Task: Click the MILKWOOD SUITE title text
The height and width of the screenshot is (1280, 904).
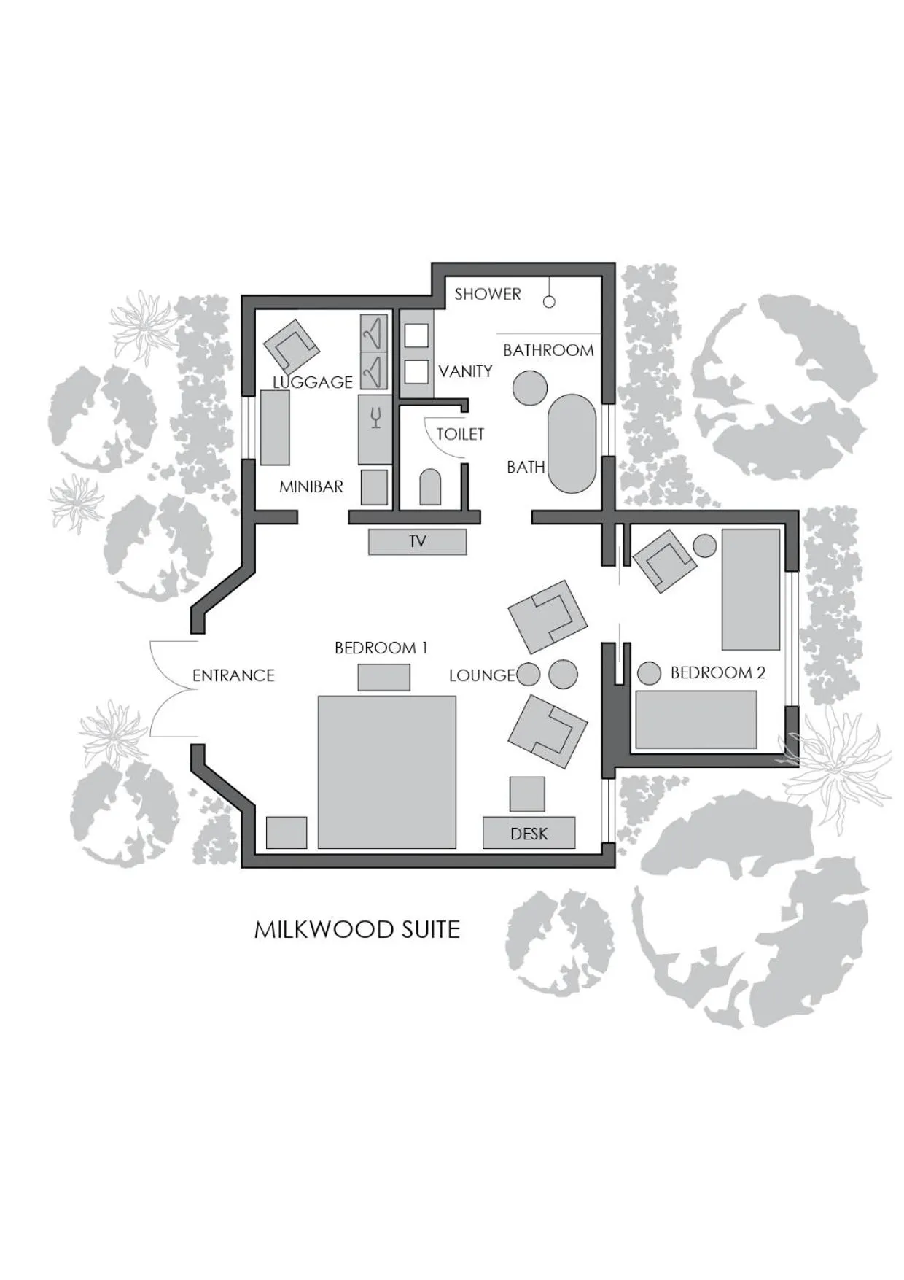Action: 357,929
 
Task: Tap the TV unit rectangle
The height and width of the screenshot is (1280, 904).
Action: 417,542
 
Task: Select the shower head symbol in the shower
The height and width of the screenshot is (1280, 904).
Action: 549,301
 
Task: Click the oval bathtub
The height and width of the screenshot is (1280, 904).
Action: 572,443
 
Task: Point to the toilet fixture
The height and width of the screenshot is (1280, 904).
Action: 431,487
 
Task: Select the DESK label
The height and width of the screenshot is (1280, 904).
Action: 529,834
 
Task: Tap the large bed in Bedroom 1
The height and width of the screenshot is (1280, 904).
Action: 387,772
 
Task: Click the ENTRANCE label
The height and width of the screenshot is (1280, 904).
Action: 233,675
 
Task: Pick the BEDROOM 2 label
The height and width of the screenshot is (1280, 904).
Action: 718,672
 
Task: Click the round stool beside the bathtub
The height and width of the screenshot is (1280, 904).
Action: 530,387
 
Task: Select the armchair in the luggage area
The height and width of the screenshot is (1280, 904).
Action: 292,346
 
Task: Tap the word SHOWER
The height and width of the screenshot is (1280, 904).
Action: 488,294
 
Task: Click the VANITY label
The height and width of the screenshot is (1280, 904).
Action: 465,371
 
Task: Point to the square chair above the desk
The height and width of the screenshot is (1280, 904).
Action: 527,794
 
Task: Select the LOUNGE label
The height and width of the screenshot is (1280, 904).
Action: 482,675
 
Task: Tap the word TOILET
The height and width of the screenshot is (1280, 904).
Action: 460,434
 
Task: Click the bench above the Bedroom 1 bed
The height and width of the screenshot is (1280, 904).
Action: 383,678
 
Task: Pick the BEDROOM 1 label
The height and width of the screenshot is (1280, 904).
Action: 381,648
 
